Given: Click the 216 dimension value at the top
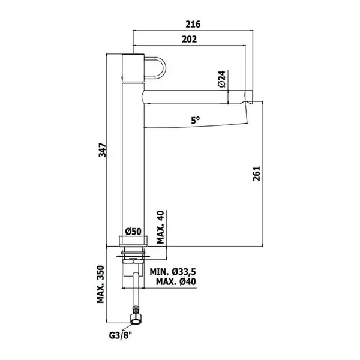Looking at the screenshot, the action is [193, 24].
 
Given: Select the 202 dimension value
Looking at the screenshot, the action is [190, 39].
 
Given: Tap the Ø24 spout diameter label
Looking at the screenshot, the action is [222, 79].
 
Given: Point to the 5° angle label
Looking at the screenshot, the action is [196, 120].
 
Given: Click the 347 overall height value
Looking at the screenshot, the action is [103, 150].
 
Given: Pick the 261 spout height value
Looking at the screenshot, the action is [256, 173].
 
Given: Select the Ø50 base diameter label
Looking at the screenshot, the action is [133, 232].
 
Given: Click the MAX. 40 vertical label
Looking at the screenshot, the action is [160, 227].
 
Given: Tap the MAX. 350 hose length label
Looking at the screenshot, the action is [100, 284].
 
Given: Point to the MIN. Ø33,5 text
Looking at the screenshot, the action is [173, 272].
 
